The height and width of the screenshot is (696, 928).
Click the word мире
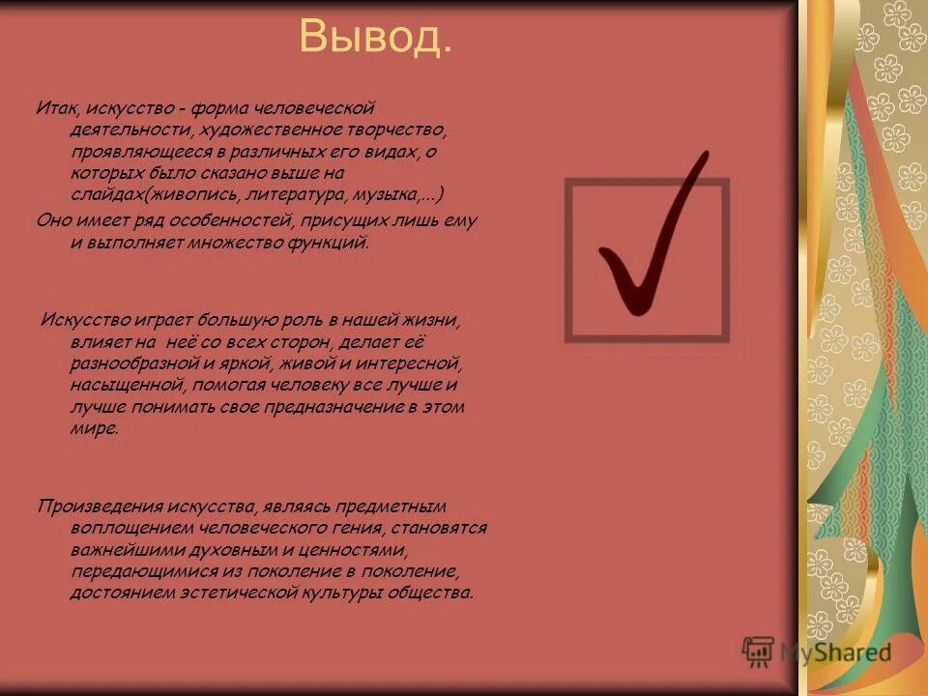94,429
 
